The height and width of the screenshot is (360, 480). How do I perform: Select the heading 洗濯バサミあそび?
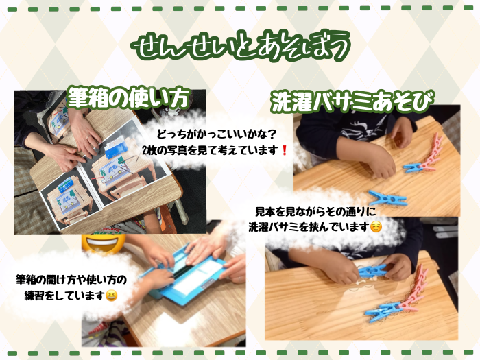click(352, 101)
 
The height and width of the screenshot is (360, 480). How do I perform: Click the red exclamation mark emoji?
click(285, 150)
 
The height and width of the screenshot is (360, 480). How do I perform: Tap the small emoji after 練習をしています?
click(111, 296)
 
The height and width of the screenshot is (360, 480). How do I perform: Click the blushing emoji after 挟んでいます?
click(376, 227)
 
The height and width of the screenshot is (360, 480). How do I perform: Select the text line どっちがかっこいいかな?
click(217, 134)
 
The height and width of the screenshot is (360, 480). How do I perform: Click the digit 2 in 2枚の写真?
click(145, 150)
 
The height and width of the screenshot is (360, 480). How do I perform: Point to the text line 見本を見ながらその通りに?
click(315, 211)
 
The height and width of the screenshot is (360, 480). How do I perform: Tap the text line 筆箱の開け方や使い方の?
click(71, 280)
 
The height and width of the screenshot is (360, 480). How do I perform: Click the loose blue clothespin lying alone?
click(388, 198)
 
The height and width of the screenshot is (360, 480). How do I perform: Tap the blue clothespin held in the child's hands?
click(372, 271)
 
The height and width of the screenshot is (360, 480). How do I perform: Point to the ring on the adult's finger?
click(88, 137)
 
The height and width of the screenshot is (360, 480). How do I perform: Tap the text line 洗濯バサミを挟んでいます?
click(309, 227)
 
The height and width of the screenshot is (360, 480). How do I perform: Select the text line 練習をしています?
click(64, 296)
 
